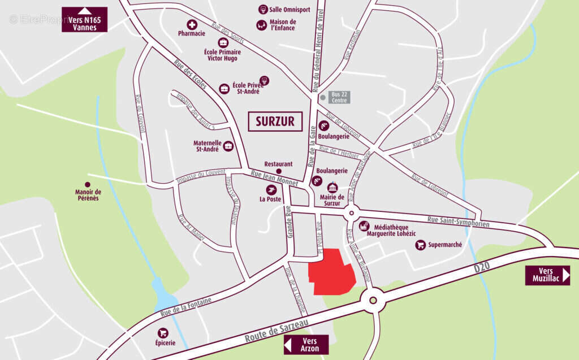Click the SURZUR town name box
(275, 121)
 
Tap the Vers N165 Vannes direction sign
(84, 19)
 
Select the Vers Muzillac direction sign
(547, 275)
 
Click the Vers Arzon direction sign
(306, 344)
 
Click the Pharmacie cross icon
(192, 25)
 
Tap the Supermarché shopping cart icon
(420, 245)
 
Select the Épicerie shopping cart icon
(163, 333)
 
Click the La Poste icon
(271, 190)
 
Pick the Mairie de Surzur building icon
(332, 187)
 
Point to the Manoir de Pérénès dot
(87, 184)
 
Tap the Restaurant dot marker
(279, 171)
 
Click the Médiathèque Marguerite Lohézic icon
(364, 226)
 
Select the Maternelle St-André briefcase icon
(228, 146)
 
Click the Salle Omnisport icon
(263, 9)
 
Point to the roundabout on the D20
(373, 301)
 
